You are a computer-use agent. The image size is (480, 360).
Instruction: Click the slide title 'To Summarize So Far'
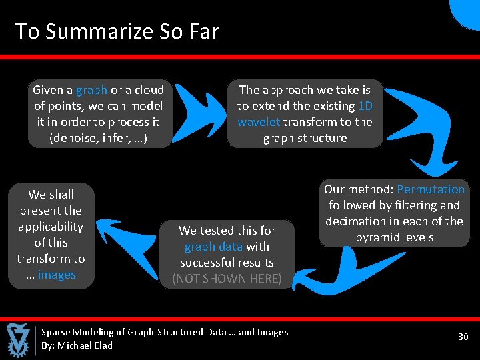tap(117, 31)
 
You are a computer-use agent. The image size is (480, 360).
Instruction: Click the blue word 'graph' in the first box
tap(91, 90)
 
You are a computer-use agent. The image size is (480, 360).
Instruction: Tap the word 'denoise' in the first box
tap(76, 139)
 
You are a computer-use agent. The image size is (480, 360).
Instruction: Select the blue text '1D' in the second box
tap(365, 106)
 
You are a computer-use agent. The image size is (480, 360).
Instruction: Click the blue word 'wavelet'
tap(259, 122)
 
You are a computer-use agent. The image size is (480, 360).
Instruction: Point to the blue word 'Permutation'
tap(430, 189)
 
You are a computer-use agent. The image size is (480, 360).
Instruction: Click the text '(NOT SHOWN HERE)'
tap(227, 279)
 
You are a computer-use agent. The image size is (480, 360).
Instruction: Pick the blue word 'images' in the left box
tap(57, 275)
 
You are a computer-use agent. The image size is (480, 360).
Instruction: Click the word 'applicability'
tap(51, 227)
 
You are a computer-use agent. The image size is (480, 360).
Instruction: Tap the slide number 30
tap(463, 337)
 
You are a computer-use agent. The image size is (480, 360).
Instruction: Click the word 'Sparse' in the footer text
tap(56, 332)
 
